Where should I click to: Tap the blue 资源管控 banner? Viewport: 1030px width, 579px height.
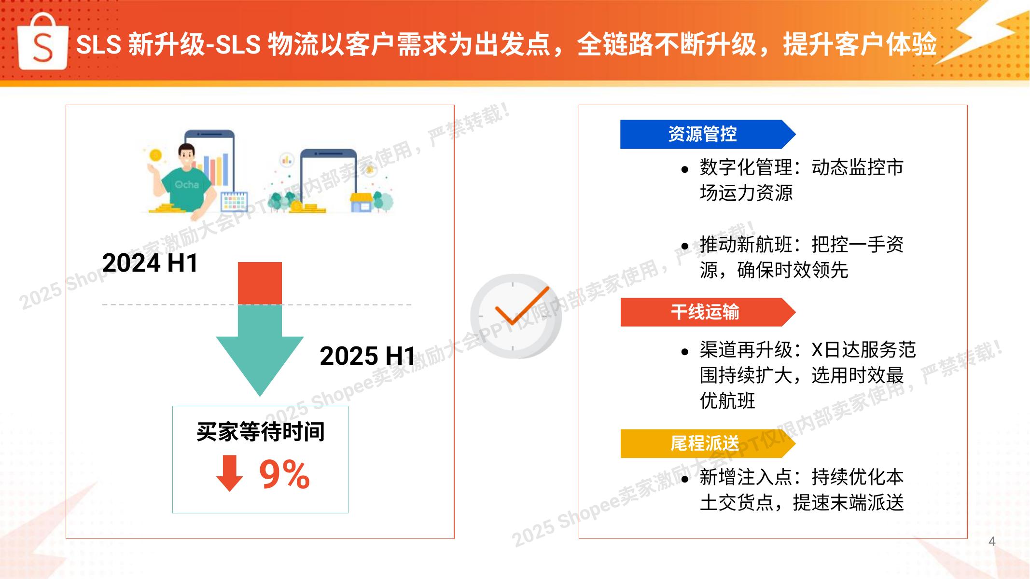pos(708,134)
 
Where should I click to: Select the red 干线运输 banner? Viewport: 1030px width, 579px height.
pos(708,312)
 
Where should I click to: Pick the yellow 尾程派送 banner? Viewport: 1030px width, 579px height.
pos(708,443)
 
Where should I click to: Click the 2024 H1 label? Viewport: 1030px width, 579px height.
pos(150,263)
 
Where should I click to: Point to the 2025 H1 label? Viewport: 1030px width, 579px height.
pos(367,356)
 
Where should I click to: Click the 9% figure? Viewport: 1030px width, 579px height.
pos(284,474)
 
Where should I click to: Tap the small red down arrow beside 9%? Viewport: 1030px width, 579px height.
pos(229,473)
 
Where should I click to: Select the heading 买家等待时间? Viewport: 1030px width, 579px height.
pos(261,431)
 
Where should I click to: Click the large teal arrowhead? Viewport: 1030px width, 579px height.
pos(260,364)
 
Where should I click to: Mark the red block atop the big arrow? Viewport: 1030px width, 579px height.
pos(260,283)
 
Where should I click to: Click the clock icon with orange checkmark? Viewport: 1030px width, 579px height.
pos(516,316)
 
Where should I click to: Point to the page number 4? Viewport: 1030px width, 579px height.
pos(992,541)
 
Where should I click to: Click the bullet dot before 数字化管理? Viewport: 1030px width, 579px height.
pos(685,169)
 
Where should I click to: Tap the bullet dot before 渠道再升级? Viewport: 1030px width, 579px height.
pos(685,352)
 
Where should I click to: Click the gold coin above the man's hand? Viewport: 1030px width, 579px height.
pos(155,155)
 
